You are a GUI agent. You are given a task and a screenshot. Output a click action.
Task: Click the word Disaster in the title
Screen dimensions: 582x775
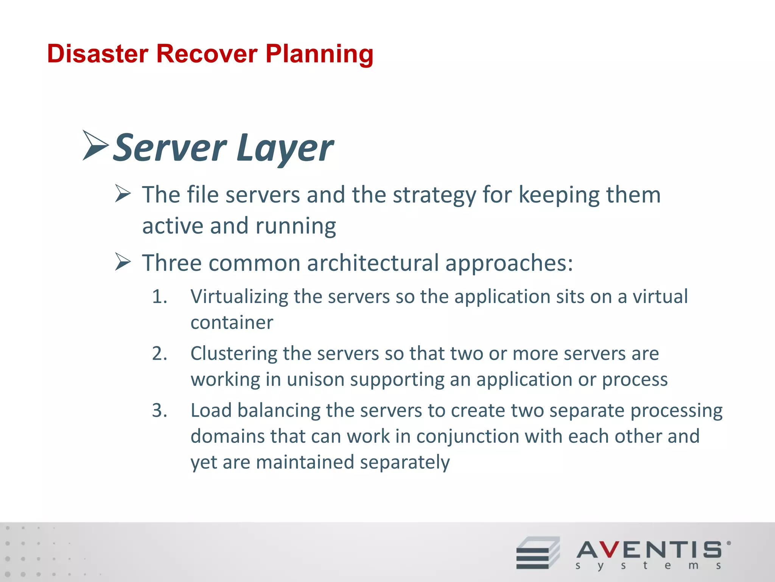[98, 54]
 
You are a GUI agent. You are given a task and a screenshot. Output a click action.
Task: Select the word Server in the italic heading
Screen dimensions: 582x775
[170, 148]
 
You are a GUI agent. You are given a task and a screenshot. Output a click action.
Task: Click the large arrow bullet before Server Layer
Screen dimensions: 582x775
[95, 145]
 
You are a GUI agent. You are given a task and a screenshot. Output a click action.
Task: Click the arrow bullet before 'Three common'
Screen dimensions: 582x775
[123, 262]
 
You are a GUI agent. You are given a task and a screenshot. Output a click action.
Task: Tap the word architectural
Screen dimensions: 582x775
[373, 263]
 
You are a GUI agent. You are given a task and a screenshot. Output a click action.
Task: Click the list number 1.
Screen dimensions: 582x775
[159, 296]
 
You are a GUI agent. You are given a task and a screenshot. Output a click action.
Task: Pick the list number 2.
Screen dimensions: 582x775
[159, 353]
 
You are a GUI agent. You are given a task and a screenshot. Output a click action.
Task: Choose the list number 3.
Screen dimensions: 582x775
[159, 410]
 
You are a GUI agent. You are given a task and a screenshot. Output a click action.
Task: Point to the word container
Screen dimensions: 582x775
[232, 322]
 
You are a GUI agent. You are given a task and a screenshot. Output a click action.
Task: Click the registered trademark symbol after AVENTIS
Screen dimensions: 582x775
[729, 543]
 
